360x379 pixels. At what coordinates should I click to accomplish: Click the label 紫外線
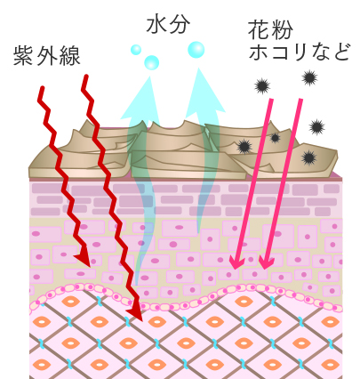[x=47, y=55]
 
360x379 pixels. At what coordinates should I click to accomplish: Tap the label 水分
[x=168, y=25]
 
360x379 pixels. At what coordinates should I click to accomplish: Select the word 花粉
[x=270, y=29]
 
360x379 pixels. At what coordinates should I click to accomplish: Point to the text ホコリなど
[x=299, y=52]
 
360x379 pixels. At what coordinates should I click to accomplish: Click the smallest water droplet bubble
[x=136, y=50]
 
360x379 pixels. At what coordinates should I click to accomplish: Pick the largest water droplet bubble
[x=196, y=50]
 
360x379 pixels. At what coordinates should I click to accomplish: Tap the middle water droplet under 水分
[x=152, y=62]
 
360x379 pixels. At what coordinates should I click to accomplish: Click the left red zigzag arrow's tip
[x=89, y=266]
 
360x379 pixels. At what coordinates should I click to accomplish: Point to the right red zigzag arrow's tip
[x=141, y=319]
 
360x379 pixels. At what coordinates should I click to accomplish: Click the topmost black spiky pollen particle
[x=309, y=78]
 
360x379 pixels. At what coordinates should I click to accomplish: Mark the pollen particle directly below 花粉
[x=262, y=86]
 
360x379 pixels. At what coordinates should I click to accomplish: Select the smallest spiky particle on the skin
[x=276, y=138]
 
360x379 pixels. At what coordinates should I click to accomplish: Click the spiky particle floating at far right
[x=317, y=127]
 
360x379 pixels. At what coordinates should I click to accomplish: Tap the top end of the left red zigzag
[x=43, y=88]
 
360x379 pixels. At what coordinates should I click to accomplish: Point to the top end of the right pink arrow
[x=300, y=101]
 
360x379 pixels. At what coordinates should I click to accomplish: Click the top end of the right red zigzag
[x=86, y=77]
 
